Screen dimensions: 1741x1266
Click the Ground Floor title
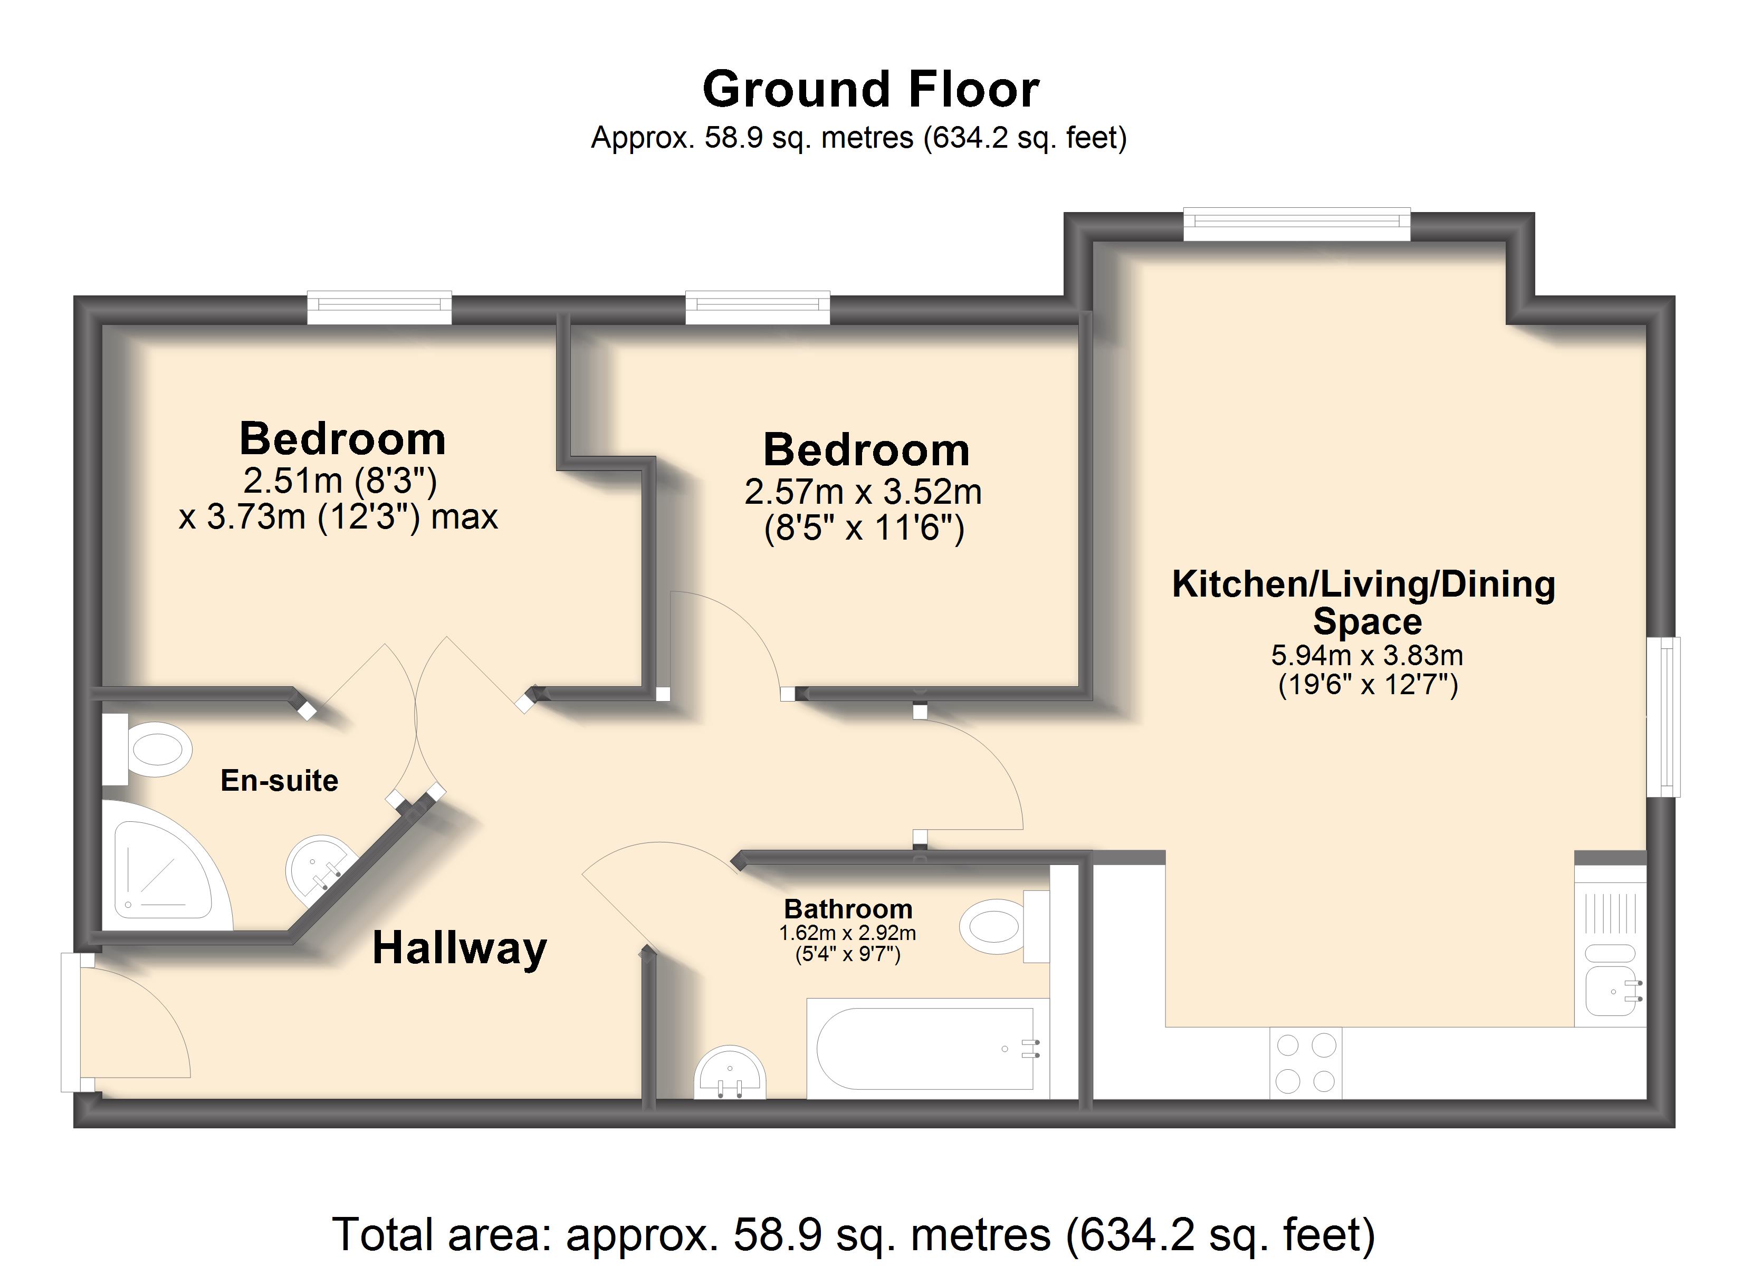point(870,89)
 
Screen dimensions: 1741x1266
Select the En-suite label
point(280,781)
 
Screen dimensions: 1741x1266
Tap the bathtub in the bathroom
point(927,1049)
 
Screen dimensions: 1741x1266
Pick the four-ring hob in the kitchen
point(1306,1063)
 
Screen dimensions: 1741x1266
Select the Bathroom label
point(848,909)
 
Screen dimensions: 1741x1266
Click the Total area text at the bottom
point(854,1234)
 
